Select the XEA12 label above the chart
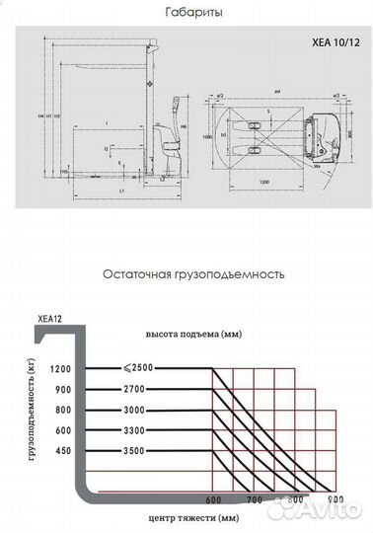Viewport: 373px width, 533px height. (50, 318)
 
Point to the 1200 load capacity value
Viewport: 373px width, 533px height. (62, 369)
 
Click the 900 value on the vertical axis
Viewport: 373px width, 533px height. (65, 389)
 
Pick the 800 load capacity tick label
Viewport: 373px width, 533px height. (65, 409)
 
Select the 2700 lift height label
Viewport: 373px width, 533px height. (134, 389)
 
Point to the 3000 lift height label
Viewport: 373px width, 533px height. (134, 409)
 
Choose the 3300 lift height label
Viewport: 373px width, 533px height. (134, 429)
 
